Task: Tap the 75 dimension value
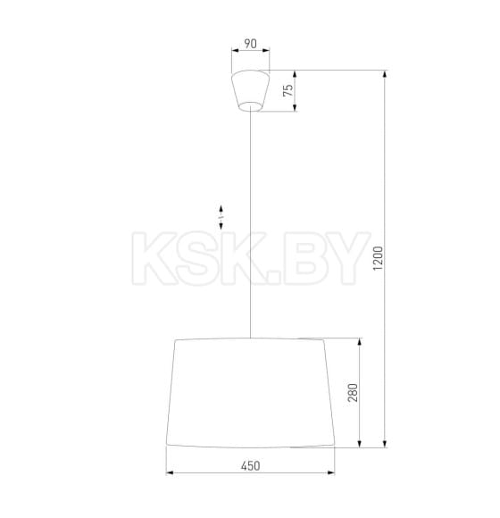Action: pos(287,90)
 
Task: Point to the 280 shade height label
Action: pos(353,393)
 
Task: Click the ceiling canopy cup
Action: pos(251,89)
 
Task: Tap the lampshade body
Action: pos(251,393)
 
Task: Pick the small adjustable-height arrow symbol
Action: pos(220,214)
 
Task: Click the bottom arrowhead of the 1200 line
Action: pos(385,444)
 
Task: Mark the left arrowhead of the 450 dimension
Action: pos(170,473)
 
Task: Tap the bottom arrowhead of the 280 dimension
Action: pos(361,444)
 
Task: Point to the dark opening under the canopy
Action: pos(251,107)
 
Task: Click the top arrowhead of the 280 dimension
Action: pos(361,341)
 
